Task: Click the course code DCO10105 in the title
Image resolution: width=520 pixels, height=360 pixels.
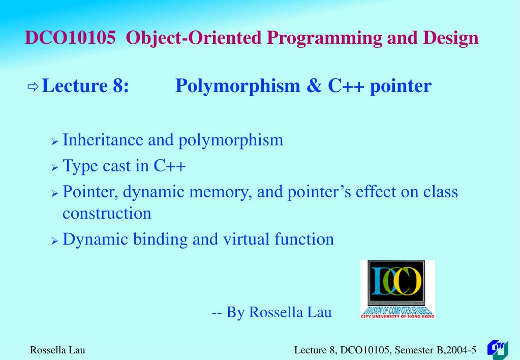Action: (70, 38)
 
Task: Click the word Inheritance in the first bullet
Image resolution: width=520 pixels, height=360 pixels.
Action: (103, 140)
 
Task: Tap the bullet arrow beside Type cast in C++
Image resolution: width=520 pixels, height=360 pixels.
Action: (55, 167)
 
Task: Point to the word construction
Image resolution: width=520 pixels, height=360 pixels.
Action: (107, 214)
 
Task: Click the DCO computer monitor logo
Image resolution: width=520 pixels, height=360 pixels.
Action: (397, 289)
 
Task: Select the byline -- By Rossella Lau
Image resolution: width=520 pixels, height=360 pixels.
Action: (271, 312)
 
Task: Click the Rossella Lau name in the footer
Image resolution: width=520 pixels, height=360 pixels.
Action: (57, 350)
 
